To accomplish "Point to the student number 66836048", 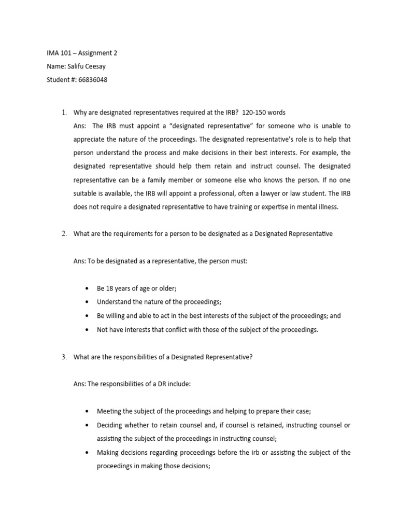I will point(94,80).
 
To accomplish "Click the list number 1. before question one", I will point(64,113).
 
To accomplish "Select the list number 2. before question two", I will point(64,234).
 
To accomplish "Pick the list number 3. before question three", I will point(64,357).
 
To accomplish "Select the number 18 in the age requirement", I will point(110,288).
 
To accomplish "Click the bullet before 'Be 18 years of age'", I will point(87,289).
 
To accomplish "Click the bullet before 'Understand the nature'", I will point(87,302).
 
